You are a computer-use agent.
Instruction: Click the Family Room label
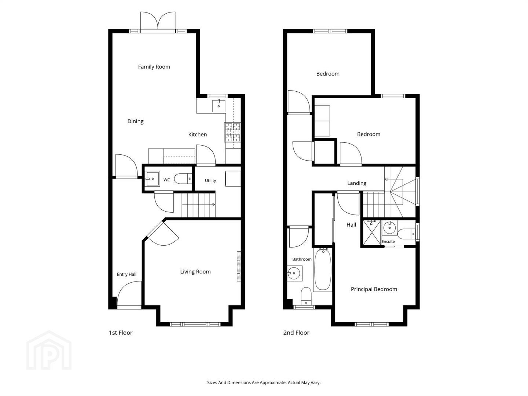pos(154,67)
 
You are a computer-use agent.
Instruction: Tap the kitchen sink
pos(219,106)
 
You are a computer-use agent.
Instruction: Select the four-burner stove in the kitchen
pos(232,132)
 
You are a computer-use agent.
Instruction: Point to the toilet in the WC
pos(183,179)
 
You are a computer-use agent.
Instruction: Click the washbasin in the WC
pos(152,179)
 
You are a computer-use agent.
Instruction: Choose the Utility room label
pos(210,180)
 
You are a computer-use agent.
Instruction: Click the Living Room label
pos(195,272)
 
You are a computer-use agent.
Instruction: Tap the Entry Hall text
pos(126,274)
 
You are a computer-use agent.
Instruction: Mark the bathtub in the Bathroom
pos(323,269)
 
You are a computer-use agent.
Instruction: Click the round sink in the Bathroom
pos(294,274)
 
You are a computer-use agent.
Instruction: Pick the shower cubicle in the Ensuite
pos(372,233)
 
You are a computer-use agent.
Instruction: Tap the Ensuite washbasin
pos(389,227)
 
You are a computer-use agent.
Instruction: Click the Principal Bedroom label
pos(374,289)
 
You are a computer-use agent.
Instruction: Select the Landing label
pos(357,183)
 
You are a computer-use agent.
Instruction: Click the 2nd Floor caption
pos(296,333)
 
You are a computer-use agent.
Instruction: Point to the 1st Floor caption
pos(121,333)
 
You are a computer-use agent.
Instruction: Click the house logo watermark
pos(49,350)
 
